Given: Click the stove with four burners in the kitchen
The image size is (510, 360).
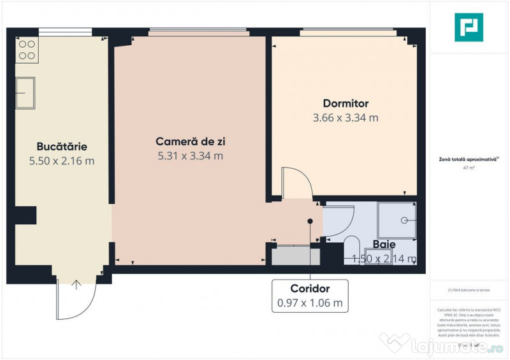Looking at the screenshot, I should click(x=27, y=50).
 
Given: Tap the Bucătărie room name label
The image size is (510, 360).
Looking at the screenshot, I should click(x=61, y=146).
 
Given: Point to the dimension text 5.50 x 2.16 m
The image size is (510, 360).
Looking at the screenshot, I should click(x=61, y=161).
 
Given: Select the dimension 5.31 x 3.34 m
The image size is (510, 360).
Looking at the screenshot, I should click(x=190, y=155).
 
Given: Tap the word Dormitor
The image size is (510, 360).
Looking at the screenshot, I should click(x=346, y=103).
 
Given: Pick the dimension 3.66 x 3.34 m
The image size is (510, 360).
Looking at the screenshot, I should click(x=346, y=118).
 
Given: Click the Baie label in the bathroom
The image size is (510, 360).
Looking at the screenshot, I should click(x=384, y=244).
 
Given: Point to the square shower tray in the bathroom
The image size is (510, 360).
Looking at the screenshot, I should click(x=397, y=220).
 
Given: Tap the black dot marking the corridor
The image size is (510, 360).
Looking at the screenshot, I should click(x=310, y=221).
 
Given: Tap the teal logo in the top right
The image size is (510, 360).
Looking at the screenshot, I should click(x=469, y=27).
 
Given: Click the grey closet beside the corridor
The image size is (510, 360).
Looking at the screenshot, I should click(x=295, y=256).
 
